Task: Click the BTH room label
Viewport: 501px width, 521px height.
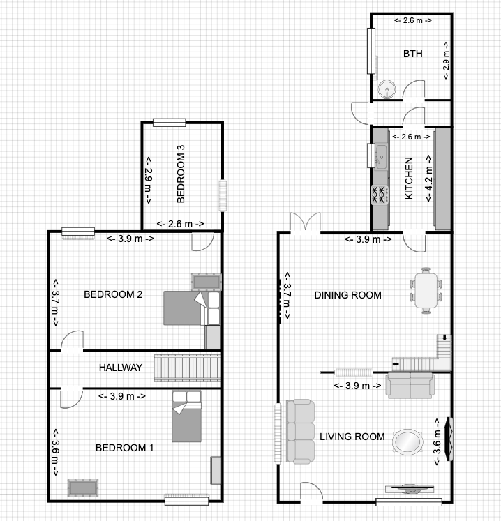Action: [412, 54]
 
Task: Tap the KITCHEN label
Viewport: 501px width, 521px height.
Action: [409, 178]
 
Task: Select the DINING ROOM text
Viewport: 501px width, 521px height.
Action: [347, 295]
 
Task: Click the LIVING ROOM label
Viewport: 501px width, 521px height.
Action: [352, 437]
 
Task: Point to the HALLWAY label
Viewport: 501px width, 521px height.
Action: [121, 368]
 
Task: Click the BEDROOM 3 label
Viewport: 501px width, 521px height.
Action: [181, 174]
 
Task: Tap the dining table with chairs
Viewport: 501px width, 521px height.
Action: [426, 290]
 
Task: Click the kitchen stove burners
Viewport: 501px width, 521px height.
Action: [380, 195]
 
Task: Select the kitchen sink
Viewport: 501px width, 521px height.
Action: [381, 156]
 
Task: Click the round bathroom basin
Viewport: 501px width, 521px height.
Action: [387, 89]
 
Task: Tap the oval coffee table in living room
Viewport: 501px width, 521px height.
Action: [407, 442]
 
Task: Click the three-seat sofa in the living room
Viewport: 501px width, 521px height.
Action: [300, 431]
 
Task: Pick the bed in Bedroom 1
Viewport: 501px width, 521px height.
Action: [186, 416]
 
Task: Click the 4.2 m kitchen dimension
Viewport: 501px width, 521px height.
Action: [429, 178]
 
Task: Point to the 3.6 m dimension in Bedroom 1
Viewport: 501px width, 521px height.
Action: [55, 452]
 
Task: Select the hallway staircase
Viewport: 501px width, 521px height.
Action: [188, 368]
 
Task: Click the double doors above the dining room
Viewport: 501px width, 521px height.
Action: [306, 221]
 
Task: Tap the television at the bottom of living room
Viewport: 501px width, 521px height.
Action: [410, 489]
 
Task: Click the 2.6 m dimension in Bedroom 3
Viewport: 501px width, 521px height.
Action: [181, 224]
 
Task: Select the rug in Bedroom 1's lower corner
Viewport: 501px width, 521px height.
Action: [83, 488]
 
